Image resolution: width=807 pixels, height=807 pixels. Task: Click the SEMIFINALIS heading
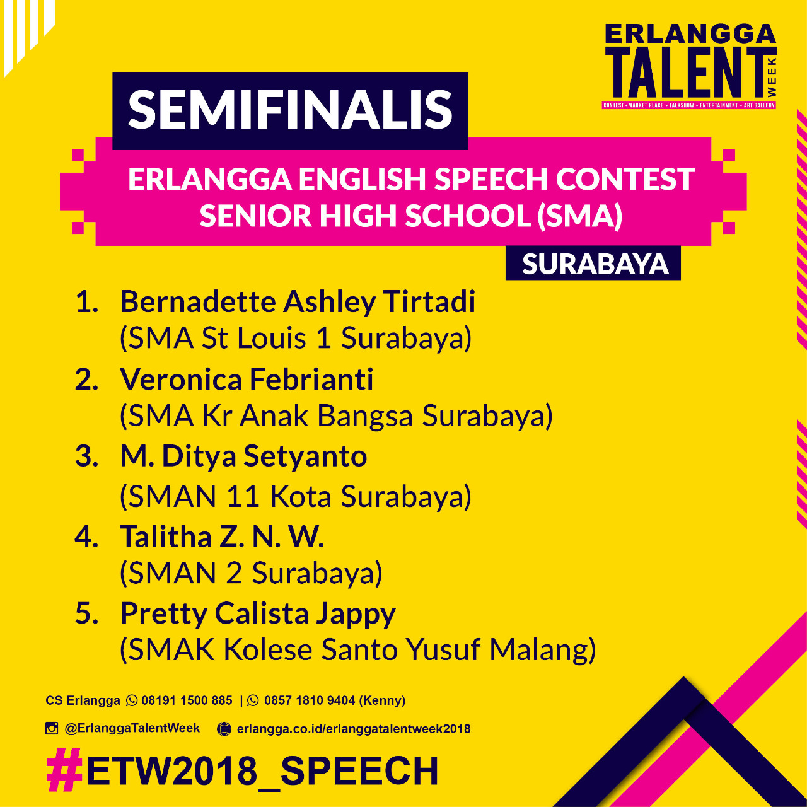pyautogui.click(x=290, y=110)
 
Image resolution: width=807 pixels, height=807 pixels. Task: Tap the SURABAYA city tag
pyautogui.click(x=595, y=264)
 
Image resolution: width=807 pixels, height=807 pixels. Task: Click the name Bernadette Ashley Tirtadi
pyautogui.click(x=298, y=302)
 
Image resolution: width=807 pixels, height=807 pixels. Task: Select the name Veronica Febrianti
pyautogui.click(x=247, y=380)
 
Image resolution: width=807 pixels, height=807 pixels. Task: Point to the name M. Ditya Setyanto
pyautogui.click(x=243, y=457)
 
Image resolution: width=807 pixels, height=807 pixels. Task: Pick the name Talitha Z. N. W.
pyautogui.click(x=222, y=537)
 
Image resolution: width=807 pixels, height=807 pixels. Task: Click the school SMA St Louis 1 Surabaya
pyautogui.click(x=296, y=339)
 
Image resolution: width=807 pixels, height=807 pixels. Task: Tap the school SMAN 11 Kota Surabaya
pyautogui.click(x=296, y=497)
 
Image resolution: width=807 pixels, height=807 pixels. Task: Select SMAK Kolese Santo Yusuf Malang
pyautogui.click(x=357, y=650)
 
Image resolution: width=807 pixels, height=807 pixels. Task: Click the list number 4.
pyautogui.click(x=86, y=537)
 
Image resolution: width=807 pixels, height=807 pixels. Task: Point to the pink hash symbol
pyautogui.click(x=65, y=770)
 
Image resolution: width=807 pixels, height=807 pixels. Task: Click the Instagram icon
pyautogui.click(x=52, y=728)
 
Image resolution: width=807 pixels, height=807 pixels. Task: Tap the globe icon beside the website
pyautogui.click(x=224, y=729)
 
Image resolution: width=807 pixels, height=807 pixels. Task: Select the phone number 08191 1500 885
pyautogui.click(x=187, y=700)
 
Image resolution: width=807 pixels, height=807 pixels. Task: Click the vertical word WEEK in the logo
pyautogui.click(x=772, y=77)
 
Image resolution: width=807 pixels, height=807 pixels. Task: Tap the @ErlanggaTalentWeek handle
pyautogui.click(x=132, y=728)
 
